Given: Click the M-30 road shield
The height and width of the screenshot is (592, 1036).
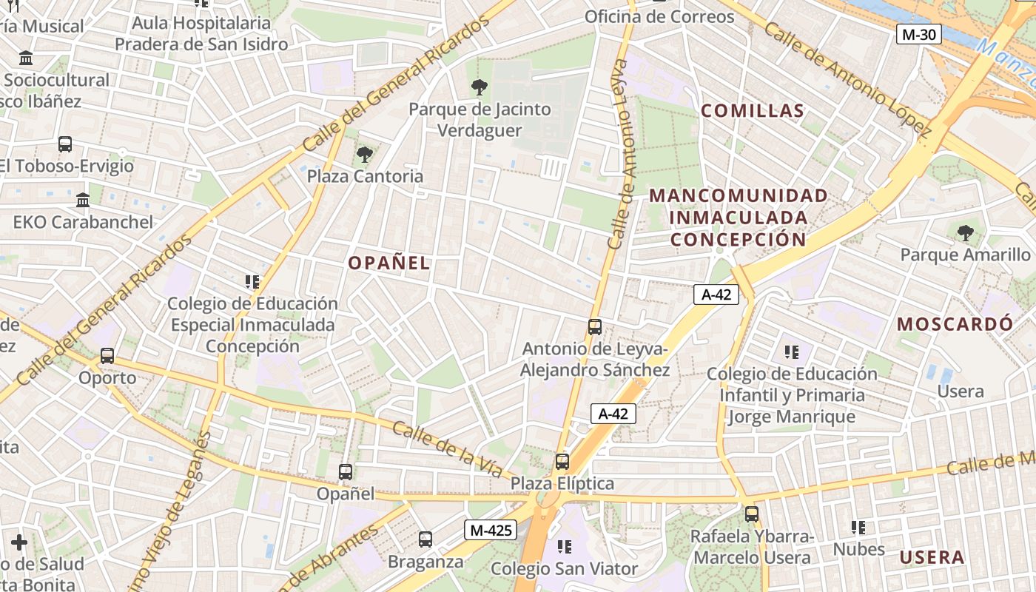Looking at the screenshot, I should point(919,34).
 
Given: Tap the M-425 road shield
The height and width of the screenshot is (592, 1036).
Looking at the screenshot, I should point(489,530).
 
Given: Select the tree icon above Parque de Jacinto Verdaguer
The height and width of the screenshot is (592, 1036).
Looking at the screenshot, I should point(480,87).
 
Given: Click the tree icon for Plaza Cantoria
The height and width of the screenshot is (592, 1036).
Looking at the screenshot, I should point(364,155).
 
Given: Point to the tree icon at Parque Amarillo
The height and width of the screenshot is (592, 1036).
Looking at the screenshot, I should point(965,233).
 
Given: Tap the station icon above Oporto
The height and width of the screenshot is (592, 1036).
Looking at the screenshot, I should point(107,356).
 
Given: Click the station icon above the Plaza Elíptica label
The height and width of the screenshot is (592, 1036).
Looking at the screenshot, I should point(562,462).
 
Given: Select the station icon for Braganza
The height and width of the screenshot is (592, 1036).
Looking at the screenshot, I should point(425,539).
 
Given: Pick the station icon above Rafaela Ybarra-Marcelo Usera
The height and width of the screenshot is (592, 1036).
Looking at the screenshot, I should point(752,514).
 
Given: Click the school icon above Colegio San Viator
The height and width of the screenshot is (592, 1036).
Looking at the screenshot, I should point(565,547).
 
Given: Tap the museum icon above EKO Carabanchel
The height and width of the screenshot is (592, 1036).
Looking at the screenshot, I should point(83,200).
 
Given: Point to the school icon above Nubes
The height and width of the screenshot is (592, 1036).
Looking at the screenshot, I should point(858,528).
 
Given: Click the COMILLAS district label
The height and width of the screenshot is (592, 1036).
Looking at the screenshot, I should point(752,111).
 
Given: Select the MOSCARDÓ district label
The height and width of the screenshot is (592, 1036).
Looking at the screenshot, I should point(955,324).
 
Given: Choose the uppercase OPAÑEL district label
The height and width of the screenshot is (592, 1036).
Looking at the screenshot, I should point(388,263).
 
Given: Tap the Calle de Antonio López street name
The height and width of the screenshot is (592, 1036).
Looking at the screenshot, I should point(847,80).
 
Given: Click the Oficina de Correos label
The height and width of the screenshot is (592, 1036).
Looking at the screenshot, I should point(659,16).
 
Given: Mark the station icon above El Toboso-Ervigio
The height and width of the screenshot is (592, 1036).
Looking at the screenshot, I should point(65,144).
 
